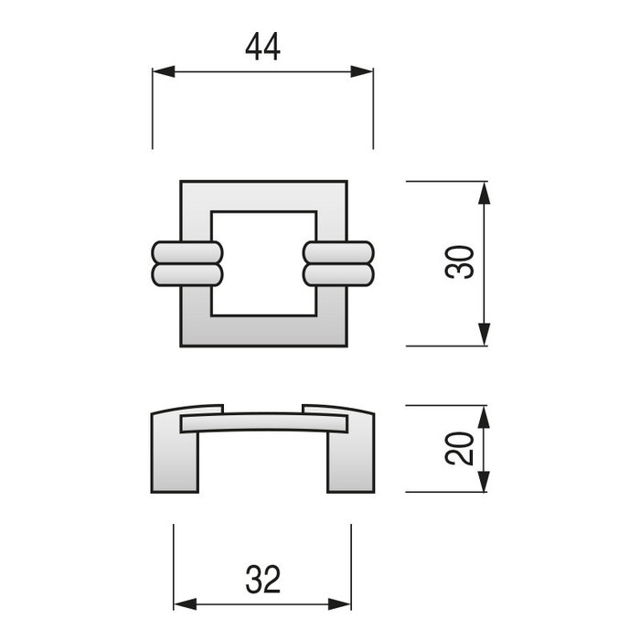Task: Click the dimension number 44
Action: [x=262, y=47]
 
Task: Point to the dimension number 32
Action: [x=262, y=578]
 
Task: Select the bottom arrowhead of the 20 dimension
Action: [x=485, y=482]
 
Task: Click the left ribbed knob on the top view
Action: [x=187, y=264]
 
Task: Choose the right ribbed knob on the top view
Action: [x=338, y=264]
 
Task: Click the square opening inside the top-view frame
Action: [x=264, y=263]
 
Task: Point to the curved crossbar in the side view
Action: [x=264, y=421]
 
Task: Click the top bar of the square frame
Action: [x=264, y=196]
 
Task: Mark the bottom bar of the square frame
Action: [x=264, y=331]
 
